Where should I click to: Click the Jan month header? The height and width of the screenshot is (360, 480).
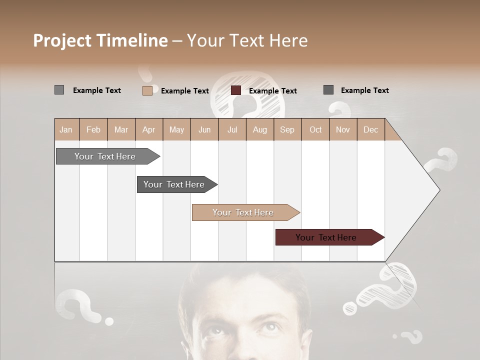(x=66, y=130)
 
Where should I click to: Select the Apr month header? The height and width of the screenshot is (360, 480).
(x=149, y=130)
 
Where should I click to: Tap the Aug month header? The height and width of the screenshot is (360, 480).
(x=260, y=130)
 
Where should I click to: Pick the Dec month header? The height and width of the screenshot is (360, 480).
(x=370, y=130)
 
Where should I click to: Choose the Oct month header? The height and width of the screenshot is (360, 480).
(x=315, y=130)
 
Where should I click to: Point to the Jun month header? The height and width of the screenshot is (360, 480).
(x=204, y=130)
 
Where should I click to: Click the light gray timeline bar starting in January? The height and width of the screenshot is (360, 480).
(x=105, y=156)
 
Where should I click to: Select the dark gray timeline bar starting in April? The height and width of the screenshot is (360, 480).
(x=174, y=184)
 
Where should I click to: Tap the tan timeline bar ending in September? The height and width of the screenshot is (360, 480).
(x=243, y=212)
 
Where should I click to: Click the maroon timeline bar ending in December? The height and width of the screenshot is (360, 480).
(x=326, y=237)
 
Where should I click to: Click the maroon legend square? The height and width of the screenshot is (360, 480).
(x=236, y=90)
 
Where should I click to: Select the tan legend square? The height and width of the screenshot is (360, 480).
(x=147, y=90)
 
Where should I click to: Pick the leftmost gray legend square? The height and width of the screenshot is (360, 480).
(x=59, y=90)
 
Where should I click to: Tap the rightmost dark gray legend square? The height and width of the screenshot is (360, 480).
(x=328, y=90)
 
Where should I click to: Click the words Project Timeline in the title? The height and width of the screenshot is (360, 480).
(x=100, y=40)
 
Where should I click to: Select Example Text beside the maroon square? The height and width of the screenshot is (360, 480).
(x=272, y=91)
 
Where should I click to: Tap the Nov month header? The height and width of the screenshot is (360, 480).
(x=343, y=130)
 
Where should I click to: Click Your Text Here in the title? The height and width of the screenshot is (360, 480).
(x=247, y=40)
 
